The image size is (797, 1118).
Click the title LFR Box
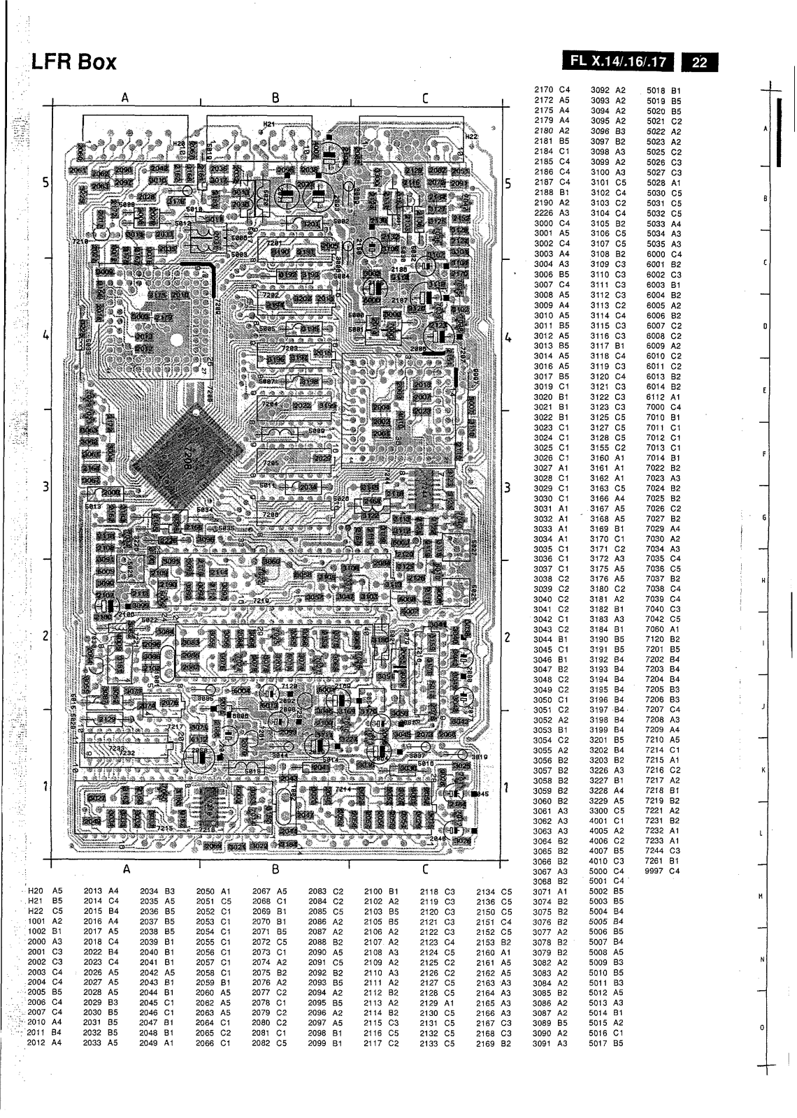pos(73,64)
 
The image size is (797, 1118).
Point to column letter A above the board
pos(125,98)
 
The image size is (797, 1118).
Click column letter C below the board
pos(424,869)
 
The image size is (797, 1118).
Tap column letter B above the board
pos(275,98)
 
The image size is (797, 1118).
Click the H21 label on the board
pos(268,124)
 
